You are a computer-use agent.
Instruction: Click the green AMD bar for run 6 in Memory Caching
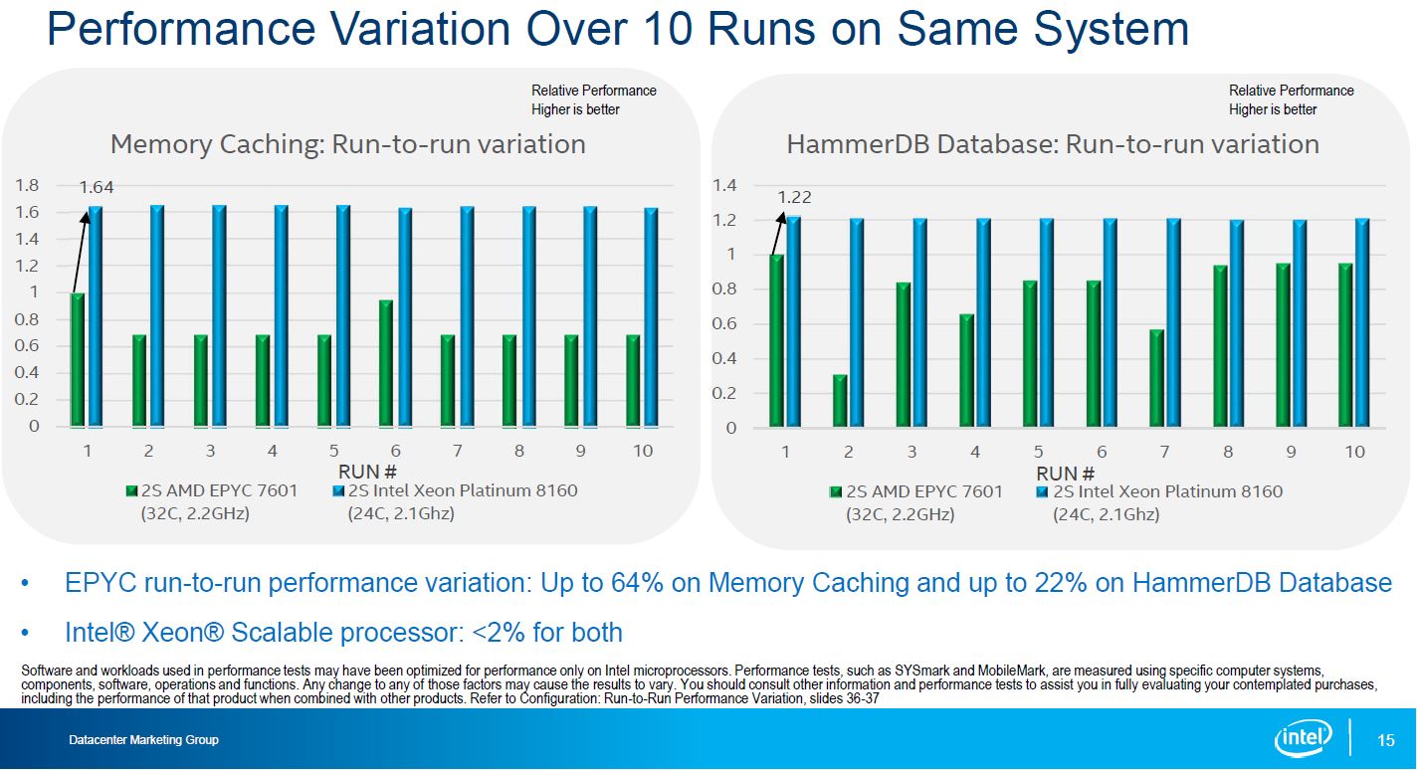click(386, 363)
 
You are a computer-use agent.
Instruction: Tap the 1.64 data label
click(97, 186)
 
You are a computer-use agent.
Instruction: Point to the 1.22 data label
click(794, 198)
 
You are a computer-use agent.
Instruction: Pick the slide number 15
click(1386, 740)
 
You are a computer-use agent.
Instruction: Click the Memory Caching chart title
click(347, 144)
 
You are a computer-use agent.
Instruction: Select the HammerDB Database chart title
click(1052, 144)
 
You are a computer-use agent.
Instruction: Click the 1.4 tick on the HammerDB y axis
click(725, 185)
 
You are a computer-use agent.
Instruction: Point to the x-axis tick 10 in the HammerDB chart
click(1354, 452)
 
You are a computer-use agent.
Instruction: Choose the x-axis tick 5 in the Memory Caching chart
click(334, 451)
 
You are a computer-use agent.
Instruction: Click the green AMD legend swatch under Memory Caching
click(131, 491)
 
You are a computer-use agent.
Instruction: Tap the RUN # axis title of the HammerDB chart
click(1065, 473)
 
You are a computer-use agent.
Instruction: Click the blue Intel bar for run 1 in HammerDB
click(794, 322)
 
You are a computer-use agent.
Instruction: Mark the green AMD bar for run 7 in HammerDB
click(1156, 379)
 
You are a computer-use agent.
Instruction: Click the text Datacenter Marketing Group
click(143, 740)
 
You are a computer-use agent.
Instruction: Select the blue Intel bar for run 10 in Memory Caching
click(651, 317)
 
